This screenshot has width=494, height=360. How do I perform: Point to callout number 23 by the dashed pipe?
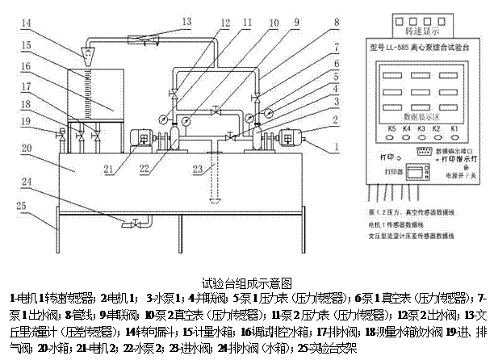coord(196,169)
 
